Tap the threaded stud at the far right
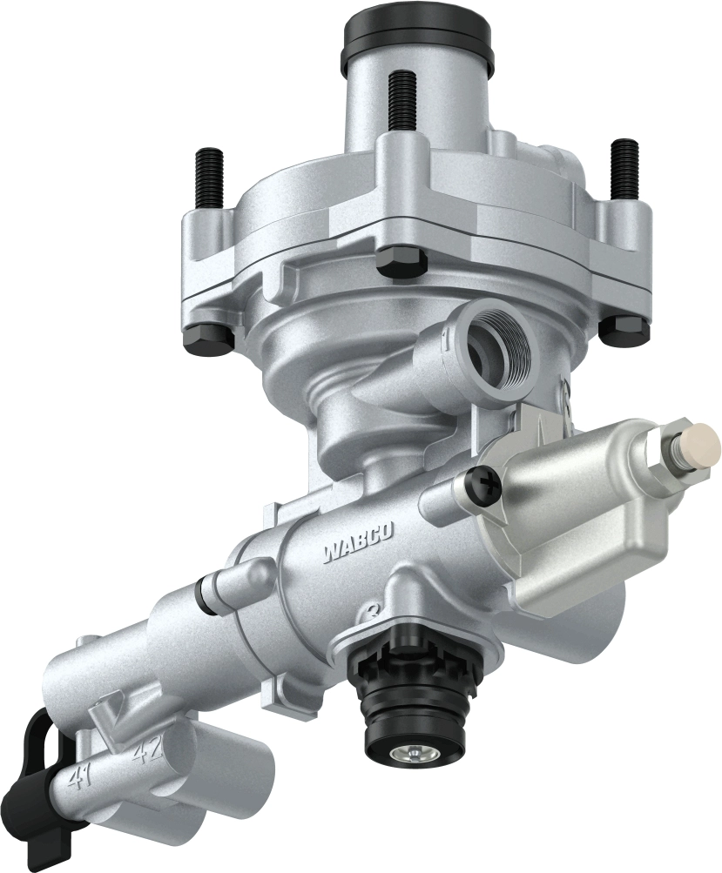(624, 165)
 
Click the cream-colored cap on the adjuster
(701, 444)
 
